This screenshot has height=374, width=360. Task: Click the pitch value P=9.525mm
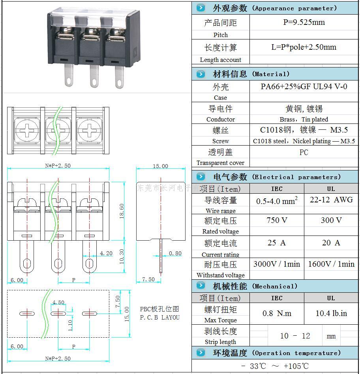(x=304, y=22)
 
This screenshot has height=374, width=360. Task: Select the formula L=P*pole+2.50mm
(x=304, y=47)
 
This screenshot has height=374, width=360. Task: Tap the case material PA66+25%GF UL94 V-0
(x=304, y=86)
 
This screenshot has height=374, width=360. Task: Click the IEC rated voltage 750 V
(x=277, y=220)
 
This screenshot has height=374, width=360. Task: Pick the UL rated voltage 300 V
(x=331, y=220)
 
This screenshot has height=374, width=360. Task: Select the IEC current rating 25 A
(x=277, y=243)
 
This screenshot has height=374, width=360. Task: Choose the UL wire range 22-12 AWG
(x=331, y=200)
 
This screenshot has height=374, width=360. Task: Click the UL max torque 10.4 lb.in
(x=331, y=313)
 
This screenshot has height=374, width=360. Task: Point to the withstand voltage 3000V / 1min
(x=277, y=264)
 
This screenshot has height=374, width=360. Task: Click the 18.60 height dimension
(x=122, y=211)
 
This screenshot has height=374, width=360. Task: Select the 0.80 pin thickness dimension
(x=175, y=253)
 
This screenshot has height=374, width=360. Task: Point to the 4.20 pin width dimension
(x=106, y=253)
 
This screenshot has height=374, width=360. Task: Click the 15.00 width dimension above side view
(x=160, y=166)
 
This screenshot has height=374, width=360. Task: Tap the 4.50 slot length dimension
(x=58, y=303)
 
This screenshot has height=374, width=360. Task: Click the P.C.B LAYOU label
(x=159, y=317)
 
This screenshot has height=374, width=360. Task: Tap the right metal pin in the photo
(x=119, y=77)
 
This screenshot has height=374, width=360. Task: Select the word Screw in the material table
(x=220, y=141)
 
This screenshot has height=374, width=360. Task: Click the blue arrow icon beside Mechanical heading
(x=201, y=286)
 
